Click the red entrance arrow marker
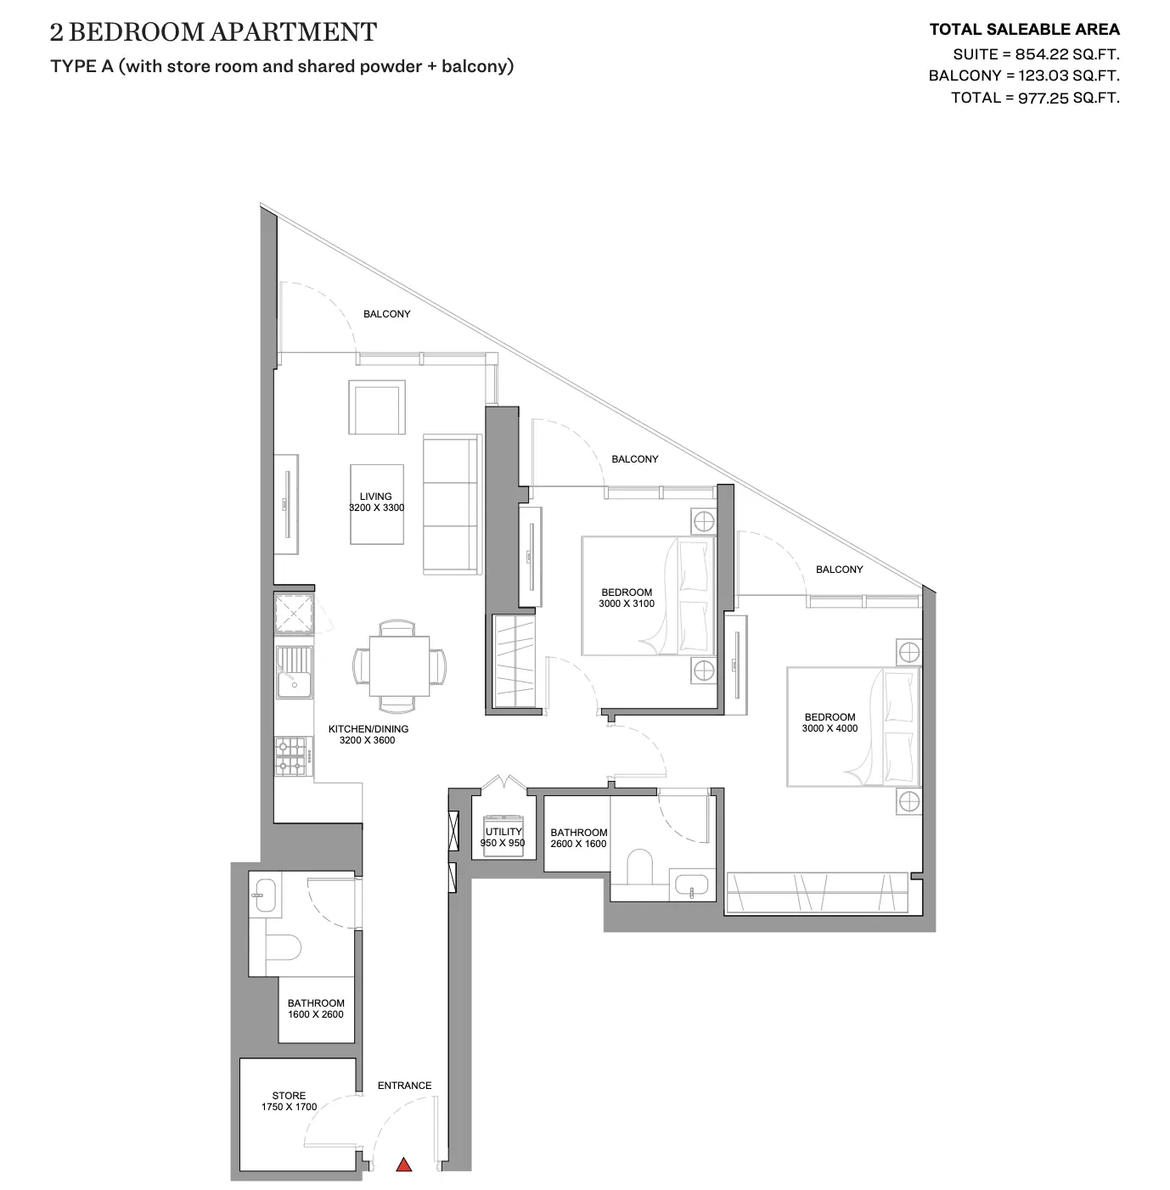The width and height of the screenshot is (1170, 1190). [x=403, y=1164]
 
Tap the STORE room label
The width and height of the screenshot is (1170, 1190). [x=289, y=1101]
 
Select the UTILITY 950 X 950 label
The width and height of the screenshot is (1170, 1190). [x=503, y=838]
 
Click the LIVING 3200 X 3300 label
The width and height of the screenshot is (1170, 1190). [x=376, y=502]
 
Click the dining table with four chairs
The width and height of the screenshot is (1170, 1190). [x=399, y=666]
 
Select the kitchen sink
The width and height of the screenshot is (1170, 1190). [x=294, y=672]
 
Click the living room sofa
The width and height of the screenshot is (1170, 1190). [x=453, y=504]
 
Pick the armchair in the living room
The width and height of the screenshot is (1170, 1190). [x=377, y=407]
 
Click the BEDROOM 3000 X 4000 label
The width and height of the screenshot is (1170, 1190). [x=830, y=722]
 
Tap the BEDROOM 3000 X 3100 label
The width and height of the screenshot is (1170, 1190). [x=627, y=598]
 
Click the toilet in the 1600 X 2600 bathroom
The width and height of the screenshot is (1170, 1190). [x=283, y=946]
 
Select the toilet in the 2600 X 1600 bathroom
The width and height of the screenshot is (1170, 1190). [x=640, y=866]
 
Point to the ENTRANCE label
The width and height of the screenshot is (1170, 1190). [x=405, y=1086]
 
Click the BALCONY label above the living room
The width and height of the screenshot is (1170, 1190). [x=386, y=314]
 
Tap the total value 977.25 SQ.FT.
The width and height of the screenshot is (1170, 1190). [x=1069, y=98]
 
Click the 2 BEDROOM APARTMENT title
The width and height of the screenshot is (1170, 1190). [x=213, y=32]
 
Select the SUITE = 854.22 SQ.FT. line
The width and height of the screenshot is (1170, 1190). [x=1036, y=54]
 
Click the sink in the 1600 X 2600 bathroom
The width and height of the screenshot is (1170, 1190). [x=265, y=895]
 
